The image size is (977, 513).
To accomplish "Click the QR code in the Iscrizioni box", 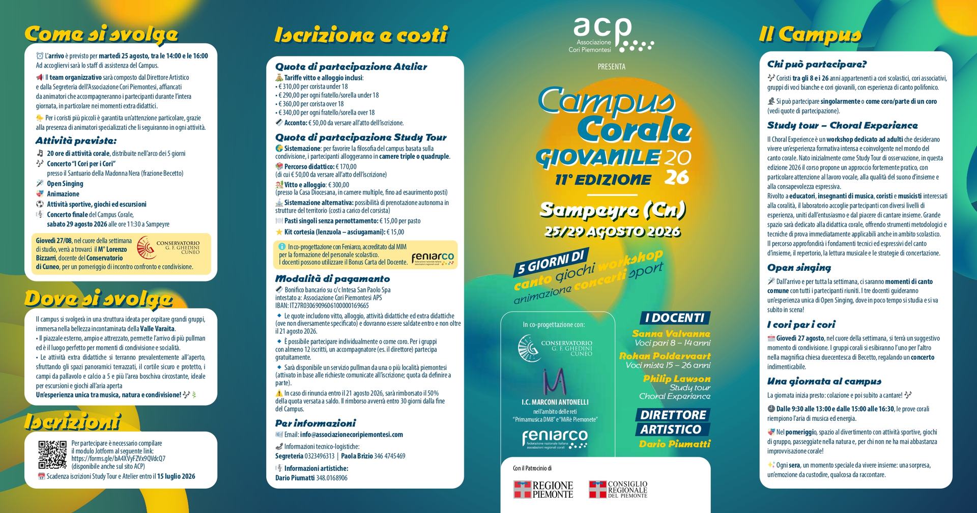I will [x=52, y=454].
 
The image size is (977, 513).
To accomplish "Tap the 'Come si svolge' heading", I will [x=101, y=34].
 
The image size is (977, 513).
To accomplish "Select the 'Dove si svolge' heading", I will [x=99, y=299].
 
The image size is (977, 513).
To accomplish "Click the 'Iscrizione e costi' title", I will [x=361, y=35].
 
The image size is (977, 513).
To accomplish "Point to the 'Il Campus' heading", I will [x=810, y=34].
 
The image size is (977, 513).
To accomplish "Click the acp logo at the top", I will [x=611, y=35].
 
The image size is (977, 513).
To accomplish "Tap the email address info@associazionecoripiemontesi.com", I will [x=351, y=435].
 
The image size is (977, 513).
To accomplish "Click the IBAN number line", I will [x=322, y=306].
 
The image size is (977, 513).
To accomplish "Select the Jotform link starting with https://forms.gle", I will [x=118, y=459].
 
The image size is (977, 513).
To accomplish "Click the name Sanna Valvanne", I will [x=671, y=334].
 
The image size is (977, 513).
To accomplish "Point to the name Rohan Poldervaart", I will [x=665, y=356].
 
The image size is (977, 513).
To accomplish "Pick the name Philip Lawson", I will [x=676, y=379].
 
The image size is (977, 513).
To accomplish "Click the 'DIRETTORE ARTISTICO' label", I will [x=673, y=422].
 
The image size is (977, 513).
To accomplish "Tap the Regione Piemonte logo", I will [x=543, y=490].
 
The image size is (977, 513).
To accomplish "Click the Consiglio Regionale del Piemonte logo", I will [x=618, y=490].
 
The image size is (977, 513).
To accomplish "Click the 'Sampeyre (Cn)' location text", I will [x=613, y=210].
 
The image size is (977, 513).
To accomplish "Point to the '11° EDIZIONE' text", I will [x=603, y=180].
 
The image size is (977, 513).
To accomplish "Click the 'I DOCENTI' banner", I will [x=674, y=318].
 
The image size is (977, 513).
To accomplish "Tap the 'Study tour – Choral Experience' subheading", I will [x=842, y=126].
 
